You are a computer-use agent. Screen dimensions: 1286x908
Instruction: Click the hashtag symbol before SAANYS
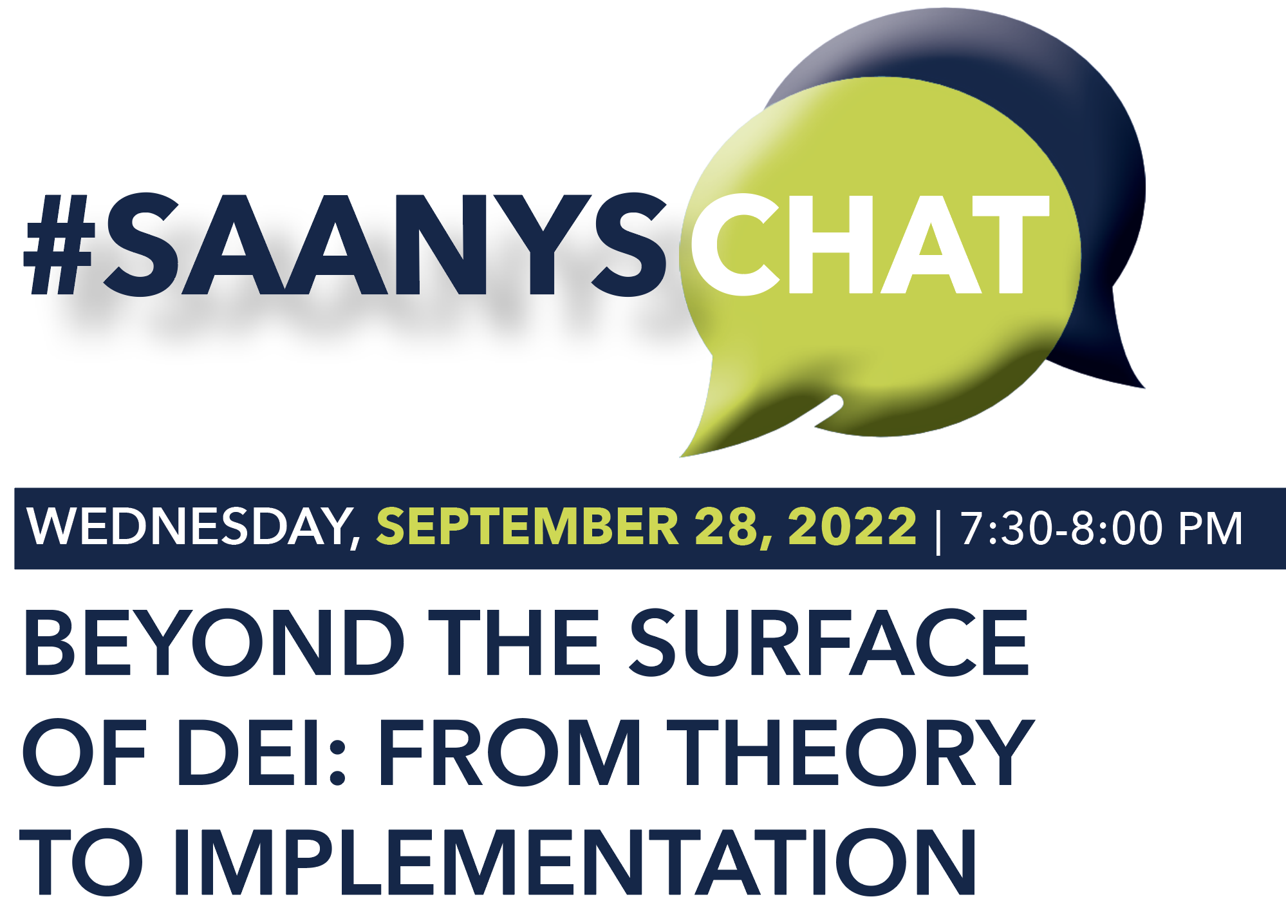click(x=60, y=245)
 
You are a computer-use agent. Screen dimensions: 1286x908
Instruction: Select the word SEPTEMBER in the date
click(x=527, y=526)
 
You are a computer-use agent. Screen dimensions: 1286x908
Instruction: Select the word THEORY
click(x=850, y=752)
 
